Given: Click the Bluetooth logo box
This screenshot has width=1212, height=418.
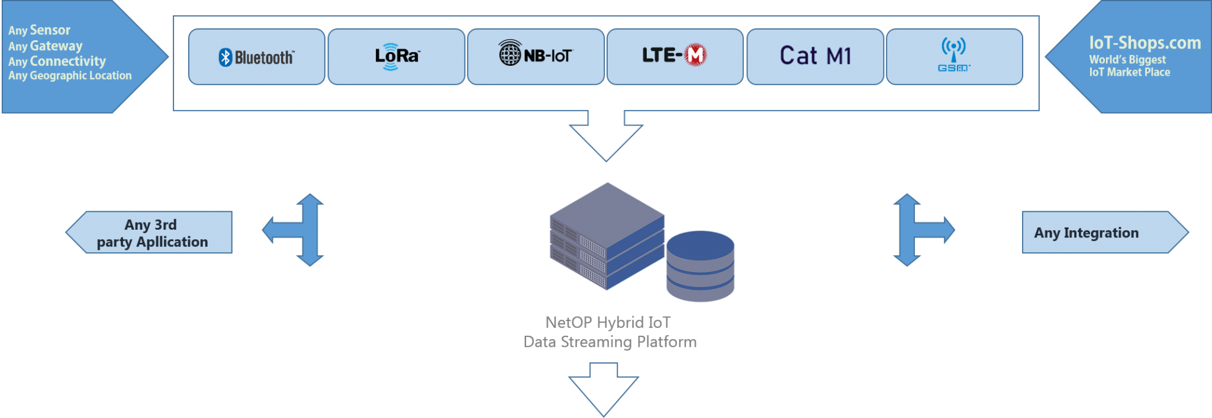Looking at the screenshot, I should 256,57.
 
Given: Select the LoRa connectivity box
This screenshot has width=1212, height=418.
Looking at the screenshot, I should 396,57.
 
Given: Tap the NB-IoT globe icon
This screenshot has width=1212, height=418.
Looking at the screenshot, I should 510,53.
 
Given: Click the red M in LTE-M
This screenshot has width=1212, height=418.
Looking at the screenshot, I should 695,55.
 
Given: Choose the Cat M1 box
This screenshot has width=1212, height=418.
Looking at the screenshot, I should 815,56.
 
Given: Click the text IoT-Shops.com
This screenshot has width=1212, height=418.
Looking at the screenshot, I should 1145,43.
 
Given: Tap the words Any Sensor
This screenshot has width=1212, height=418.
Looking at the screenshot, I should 39,30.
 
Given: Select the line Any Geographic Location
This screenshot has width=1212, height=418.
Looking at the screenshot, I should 70,75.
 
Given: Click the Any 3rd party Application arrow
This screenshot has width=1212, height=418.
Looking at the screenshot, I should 151,233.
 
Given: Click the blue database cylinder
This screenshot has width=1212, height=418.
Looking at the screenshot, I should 700,265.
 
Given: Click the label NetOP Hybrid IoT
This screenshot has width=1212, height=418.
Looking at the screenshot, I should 608,323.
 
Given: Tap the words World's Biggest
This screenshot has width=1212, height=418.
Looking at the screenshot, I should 1127,60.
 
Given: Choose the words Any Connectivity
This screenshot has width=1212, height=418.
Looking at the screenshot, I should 57,61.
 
